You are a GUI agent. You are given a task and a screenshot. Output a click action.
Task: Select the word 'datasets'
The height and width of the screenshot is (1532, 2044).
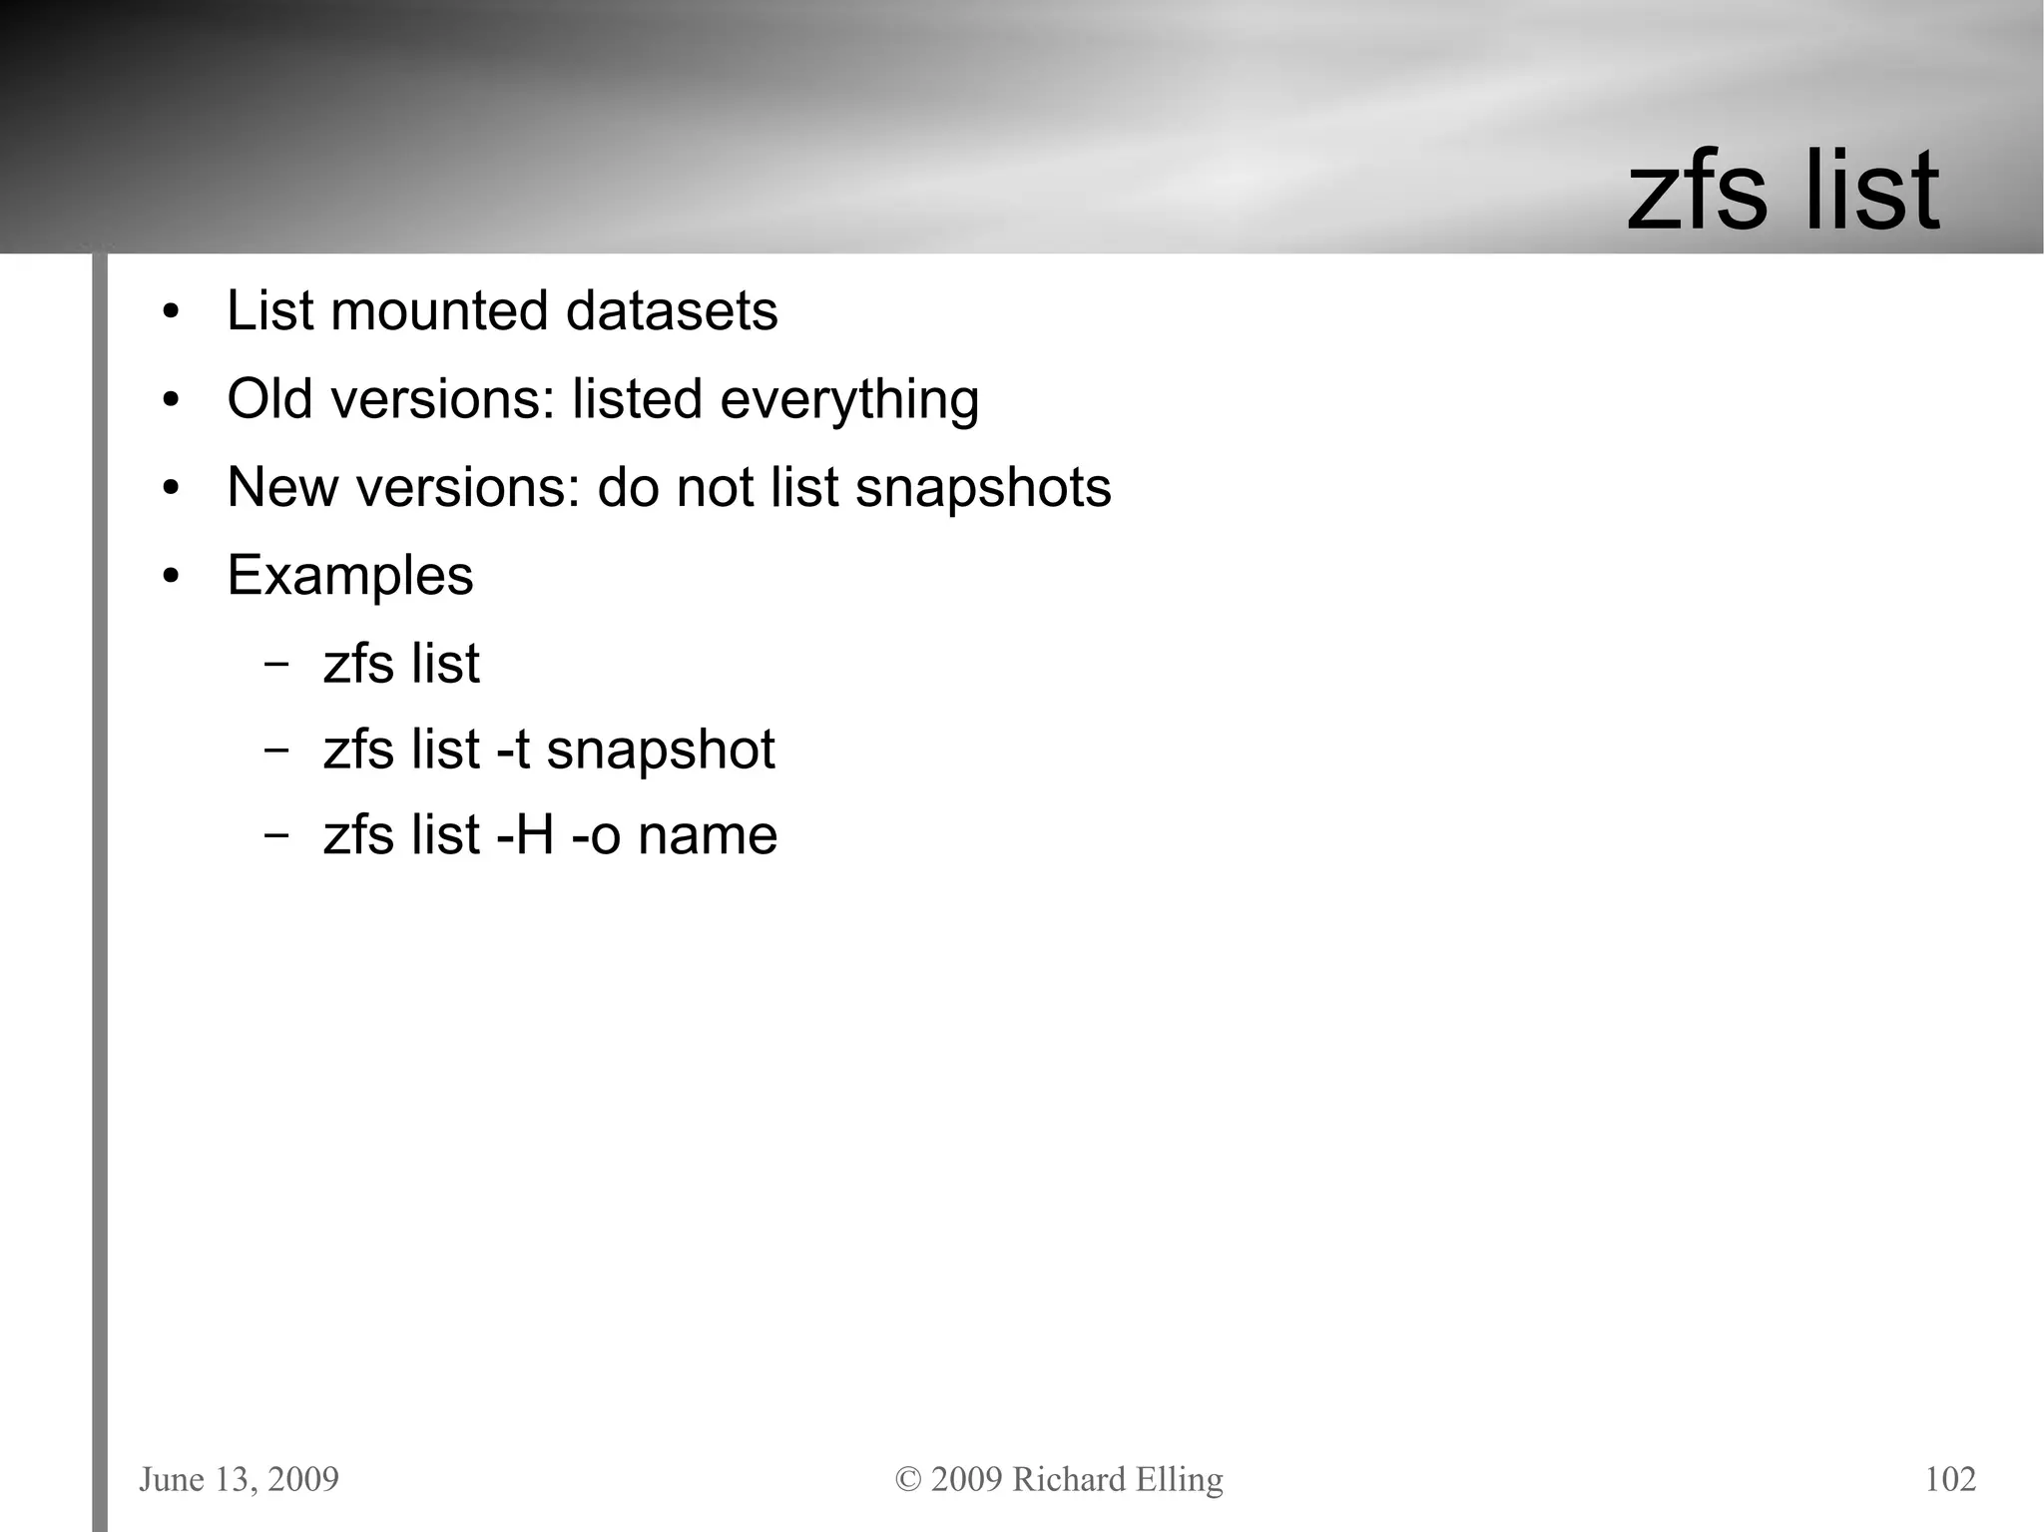pyautogui.click(x=671, y=310)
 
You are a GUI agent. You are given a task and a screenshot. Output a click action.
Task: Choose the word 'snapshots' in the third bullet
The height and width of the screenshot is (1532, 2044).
pyautogui.click(x=983, y=489)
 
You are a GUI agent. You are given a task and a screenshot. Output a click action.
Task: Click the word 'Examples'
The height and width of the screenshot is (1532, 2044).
pyautogui.click(x=350, y=576)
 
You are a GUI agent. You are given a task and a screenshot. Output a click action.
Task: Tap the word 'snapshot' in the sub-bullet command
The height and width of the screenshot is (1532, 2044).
pyautogui.click(x=660, y=752)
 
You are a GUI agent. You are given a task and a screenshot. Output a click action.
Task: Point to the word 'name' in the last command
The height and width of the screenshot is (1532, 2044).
pyautogui.click(x=708, y=836)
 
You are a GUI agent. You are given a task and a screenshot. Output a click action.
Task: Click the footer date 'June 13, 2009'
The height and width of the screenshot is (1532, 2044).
pyautogui.click(x=239, y=1479)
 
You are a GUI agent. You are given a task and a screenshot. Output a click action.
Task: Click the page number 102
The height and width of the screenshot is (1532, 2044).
pyautogui.click(x=1950, y=1479)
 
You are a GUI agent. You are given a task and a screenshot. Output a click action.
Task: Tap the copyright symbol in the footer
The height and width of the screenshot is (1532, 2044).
pyautogui.click(x=908, y=1479)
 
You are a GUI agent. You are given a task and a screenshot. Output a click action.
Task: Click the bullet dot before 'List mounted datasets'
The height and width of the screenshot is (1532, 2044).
pyautogui.click(x=171, y=312)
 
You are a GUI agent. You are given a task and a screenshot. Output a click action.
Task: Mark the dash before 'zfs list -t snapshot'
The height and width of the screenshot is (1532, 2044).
pyautogui.click(x=276, y=752)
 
